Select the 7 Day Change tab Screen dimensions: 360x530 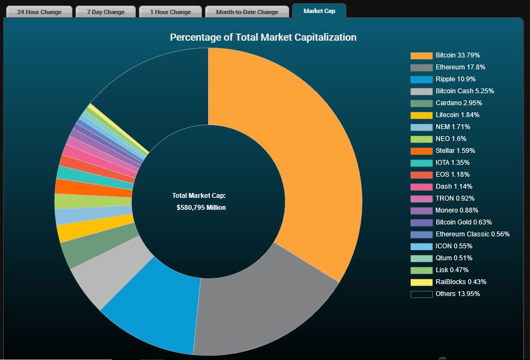(x=106, y=11)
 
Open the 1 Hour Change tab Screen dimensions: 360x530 (x=170, y=11)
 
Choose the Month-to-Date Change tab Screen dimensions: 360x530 (x=247, y=11)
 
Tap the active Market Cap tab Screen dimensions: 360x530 (x=319, y=11)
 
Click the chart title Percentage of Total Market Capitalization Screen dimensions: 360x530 (x=263, y=37)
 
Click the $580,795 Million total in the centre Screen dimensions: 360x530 (x=201, y=208)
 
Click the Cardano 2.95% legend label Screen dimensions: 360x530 (x=458, y=103)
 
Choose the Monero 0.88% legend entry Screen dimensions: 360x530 (x=457, y=210)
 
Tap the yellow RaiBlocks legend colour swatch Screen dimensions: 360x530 (x=421, y=282)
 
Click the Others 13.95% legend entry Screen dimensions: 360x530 (x=457, y=294)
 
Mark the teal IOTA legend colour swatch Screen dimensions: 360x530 (x=421, y=163)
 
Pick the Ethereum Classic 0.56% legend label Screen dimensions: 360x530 (x=472, y=234)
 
